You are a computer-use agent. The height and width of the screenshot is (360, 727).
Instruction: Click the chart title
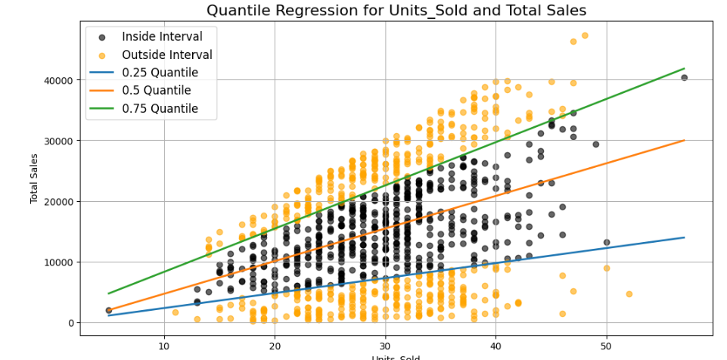(x=396, y=10)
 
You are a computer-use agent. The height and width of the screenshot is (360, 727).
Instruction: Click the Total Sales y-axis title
(x=35, y=178)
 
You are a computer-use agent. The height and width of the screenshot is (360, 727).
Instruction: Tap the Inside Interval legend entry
(x=162, y=36)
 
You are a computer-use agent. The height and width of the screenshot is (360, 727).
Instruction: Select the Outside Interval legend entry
(x=166, y=54)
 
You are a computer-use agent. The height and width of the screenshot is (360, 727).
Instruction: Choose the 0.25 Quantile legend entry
(x=160, y=73)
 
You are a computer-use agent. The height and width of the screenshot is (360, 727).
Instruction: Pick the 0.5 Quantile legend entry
(x=157, y=91)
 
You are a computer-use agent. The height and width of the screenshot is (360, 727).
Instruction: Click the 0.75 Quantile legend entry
(x=160, y=109)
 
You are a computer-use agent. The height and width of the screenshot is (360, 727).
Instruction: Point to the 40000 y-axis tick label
(x=56, y=80)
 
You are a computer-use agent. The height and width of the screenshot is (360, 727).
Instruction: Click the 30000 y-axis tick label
(x=56, y=141)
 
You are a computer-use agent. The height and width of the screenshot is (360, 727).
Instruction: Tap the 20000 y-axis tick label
(x=56, y=202)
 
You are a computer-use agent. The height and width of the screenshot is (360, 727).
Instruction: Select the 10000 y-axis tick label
(x=56, y=262)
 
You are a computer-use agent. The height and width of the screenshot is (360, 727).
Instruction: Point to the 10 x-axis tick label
(x=164, y=346)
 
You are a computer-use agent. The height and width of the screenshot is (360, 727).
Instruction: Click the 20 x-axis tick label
(x=275, y=346)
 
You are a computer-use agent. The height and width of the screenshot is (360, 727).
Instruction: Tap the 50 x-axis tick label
(x=606, y=346)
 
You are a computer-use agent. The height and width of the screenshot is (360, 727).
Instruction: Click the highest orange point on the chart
(x=585, y=36)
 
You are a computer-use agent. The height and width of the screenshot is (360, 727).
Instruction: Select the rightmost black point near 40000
(x=684, y=77)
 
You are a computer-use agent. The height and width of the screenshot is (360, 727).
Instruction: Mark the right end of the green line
(x=684, y=69)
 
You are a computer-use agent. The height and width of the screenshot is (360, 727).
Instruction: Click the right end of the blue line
(x=684, y=237)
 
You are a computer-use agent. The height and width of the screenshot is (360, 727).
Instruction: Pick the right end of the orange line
(x=684, y=141)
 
